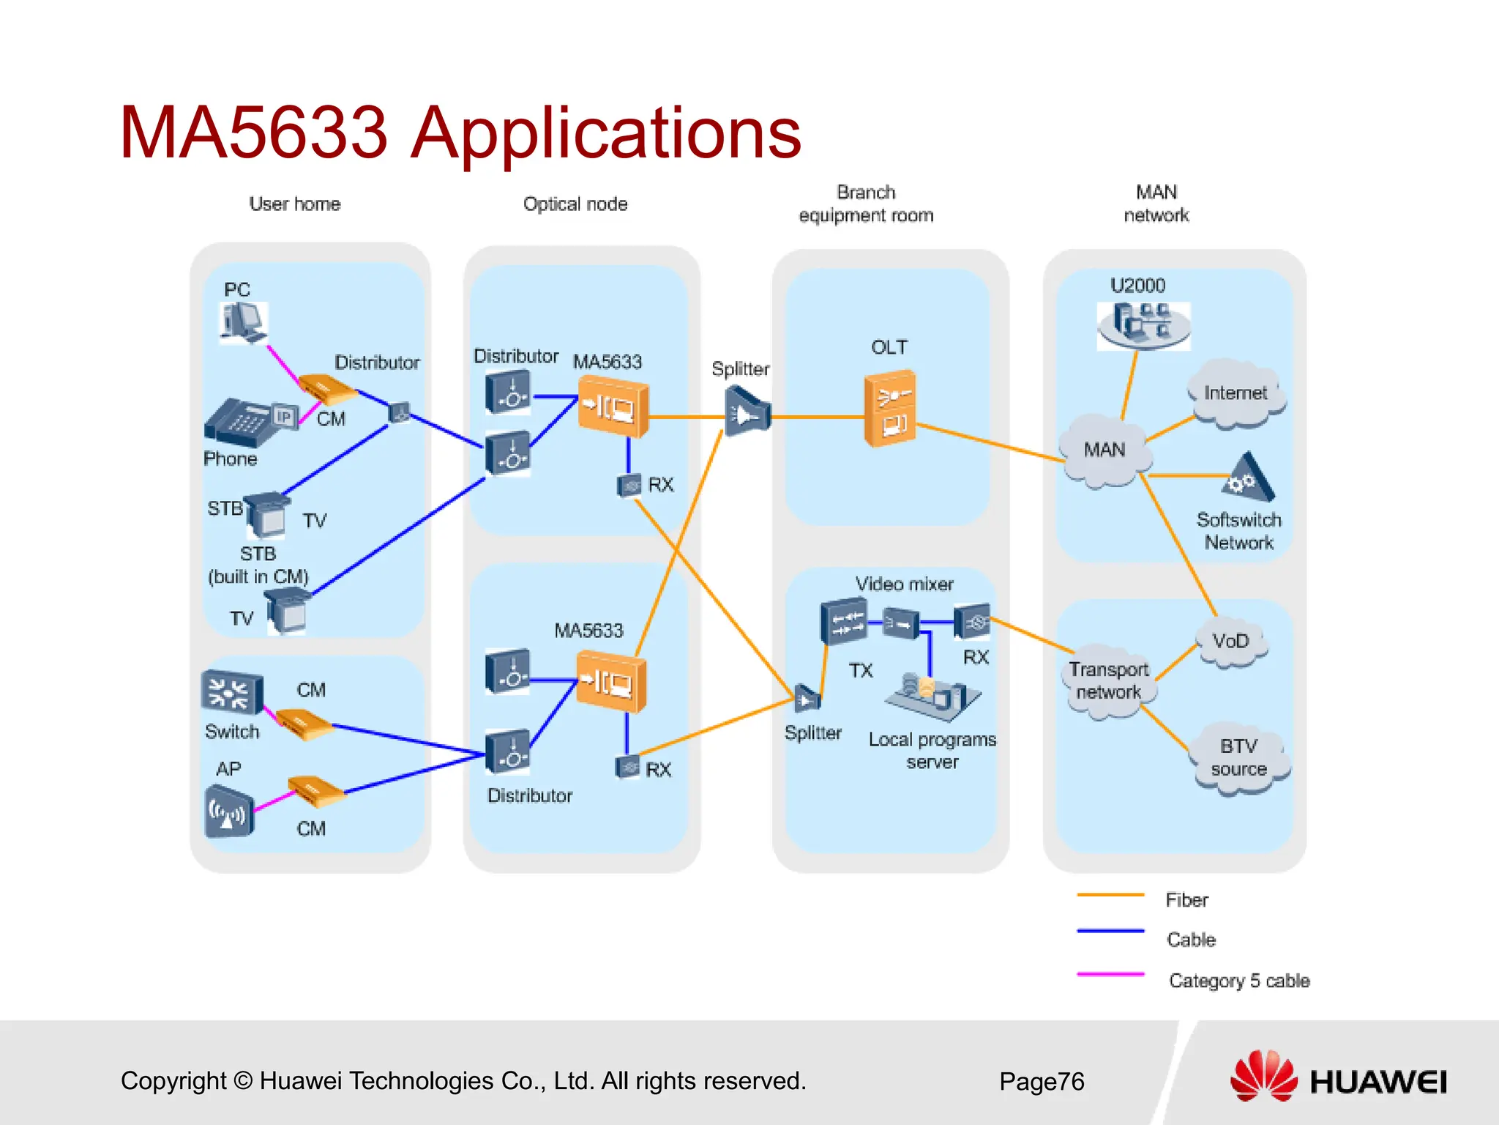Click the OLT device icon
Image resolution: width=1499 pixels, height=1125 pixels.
tap(890, 409)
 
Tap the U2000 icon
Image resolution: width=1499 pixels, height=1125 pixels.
tap(1143, 324)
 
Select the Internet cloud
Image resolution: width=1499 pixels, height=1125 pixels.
tap(1236, 394)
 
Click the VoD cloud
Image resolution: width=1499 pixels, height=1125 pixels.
tap(1230, 642)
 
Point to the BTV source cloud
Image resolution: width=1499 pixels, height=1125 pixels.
tap(1238, 758)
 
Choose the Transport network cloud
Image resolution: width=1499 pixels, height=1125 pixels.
tap(1108, 681)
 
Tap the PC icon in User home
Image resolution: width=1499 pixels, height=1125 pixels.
tap(243, 323)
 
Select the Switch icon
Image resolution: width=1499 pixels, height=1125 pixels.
tap(231, 692)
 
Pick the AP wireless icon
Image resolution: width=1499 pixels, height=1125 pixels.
tap(229, 812)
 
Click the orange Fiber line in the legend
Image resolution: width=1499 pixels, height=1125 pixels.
tap(1110, 895)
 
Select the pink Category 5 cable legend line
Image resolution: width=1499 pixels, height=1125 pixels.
tap(1110, 975)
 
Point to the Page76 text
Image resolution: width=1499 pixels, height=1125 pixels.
tap(1041, 1082)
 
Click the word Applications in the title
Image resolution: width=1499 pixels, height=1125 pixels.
tap(605, 133)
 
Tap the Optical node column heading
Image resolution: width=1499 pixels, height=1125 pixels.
tap(575, 204)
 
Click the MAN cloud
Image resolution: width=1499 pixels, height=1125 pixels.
tap(1105, 450)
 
